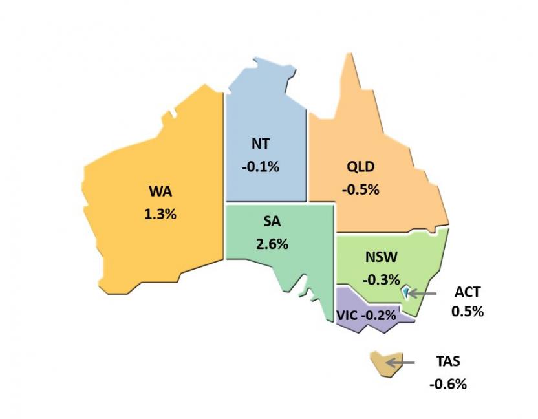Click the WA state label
click(160, 192)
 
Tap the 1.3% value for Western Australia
click(160, 214)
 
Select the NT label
click(261, 144)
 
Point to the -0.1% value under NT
click(261, 167)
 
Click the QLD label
click(360, 167)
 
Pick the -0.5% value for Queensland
click(360, 190)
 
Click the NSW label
click(381, 257)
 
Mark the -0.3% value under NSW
click(381, 280)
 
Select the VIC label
click(347, 316)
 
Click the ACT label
click(468, 292)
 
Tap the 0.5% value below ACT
click(468, 311)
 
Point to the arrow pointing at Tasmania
click(401, 362)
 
